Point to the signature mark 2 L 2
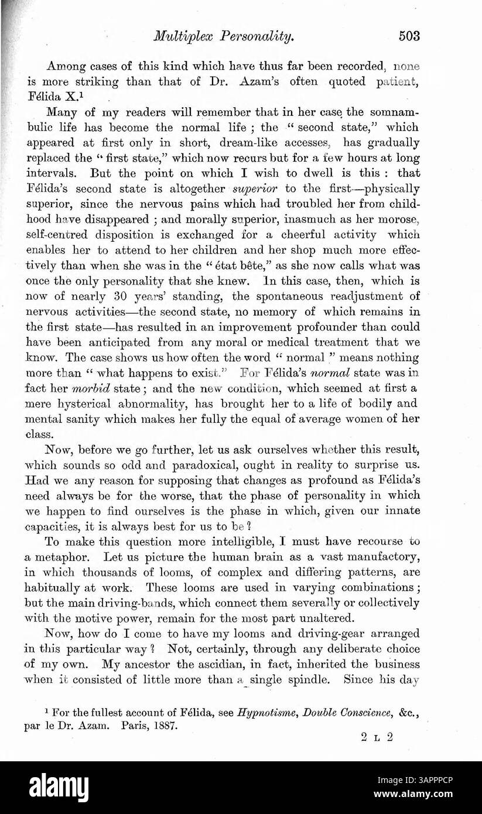click(x=377, y=737)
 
